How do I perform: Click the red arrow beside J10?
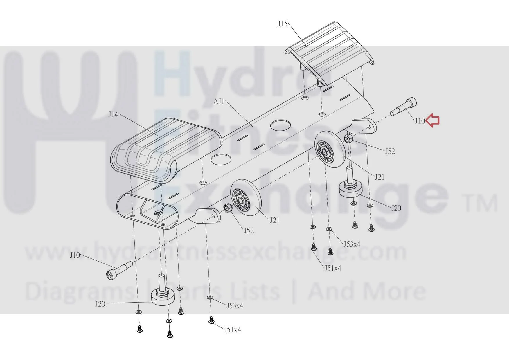pos(433,120)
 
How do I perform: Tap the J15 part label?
pos(282,24)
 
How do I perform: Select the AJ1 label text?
pos(219,102)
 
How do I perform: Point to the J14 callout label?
pos(113,115)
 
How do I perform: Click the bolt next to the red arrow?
pos(404,107)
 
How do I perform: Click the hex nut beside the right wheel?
pos(348,138)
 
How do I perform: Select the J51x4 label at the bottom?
pos(232,330)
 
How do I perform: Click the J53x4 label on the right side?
pos(352,244)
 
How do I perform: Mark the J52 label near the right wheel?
pos(390,151)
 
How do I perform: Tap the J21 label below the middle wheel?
pos(274,220)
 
